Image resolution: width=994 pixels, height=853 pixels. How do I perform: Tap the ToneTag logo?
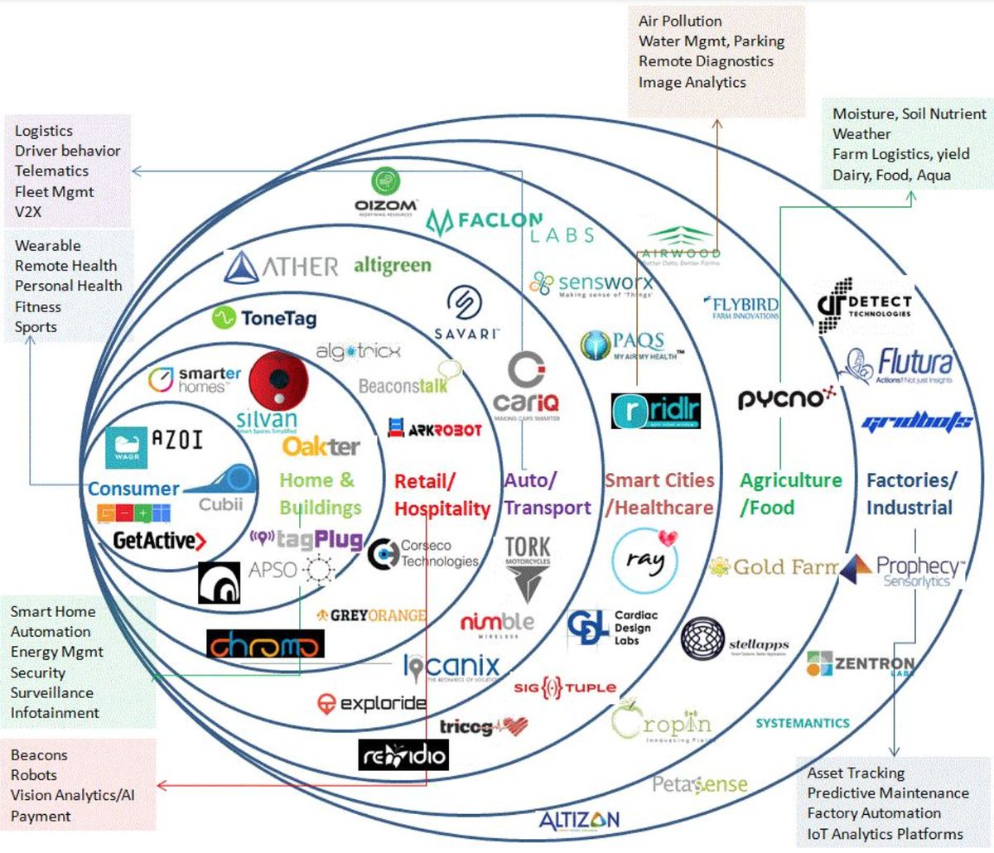point(264,317)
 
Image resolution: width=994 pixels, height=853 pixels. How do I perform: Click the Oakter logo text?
point(321,446)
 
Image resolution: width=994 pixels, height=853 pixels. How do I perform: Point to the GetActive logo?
point(159,541)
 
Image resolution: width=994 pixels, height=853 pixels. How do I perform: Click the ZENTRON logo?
point(861,664)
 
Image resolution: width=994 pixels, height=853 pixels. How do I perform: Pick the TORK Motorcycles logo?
point(528,567)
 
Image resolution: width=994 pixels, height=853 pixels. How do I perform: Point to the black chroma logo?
point(265,644)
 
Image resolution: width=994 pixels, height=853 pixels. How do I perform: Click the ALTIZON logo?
point(579,820)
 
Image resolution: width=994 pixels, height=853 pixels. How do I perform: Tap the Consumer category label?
point(133,489)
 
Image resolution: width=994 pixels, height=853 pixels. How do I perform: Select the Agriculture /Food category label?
point(789,494)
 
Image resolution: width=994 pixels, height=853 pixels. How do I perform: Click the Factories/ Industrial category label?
point(911,494)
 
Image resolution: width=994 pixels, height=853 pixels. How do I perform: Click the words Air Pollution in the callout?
point(680,21)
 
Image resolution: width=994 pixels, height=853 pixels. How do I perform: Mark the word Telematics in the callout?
point(51,171)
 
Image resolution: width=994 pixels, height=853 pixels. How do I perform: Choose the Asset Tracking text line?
point(856,773)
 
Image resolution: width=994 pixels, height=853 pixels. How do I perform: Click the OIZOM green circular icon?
point(386,181)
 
